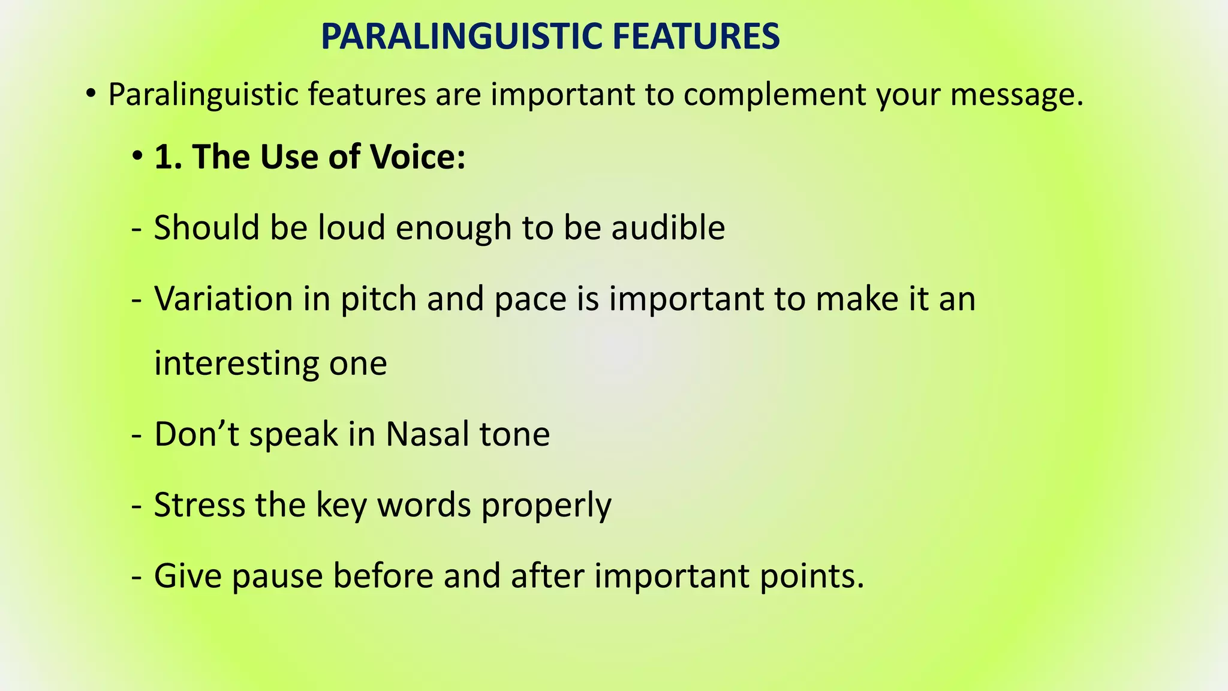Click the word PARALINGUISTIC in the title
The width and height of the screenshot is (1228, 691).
(462, 37)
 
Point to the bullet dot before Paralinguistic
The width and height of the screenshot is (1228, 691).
(90, 94)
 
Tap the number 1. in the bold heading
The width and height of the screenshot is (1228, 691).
(168, 157)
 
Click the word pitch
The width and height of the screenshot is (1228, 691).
(378, 299)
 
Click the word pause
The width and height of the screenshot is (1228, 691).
(278, 576)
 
